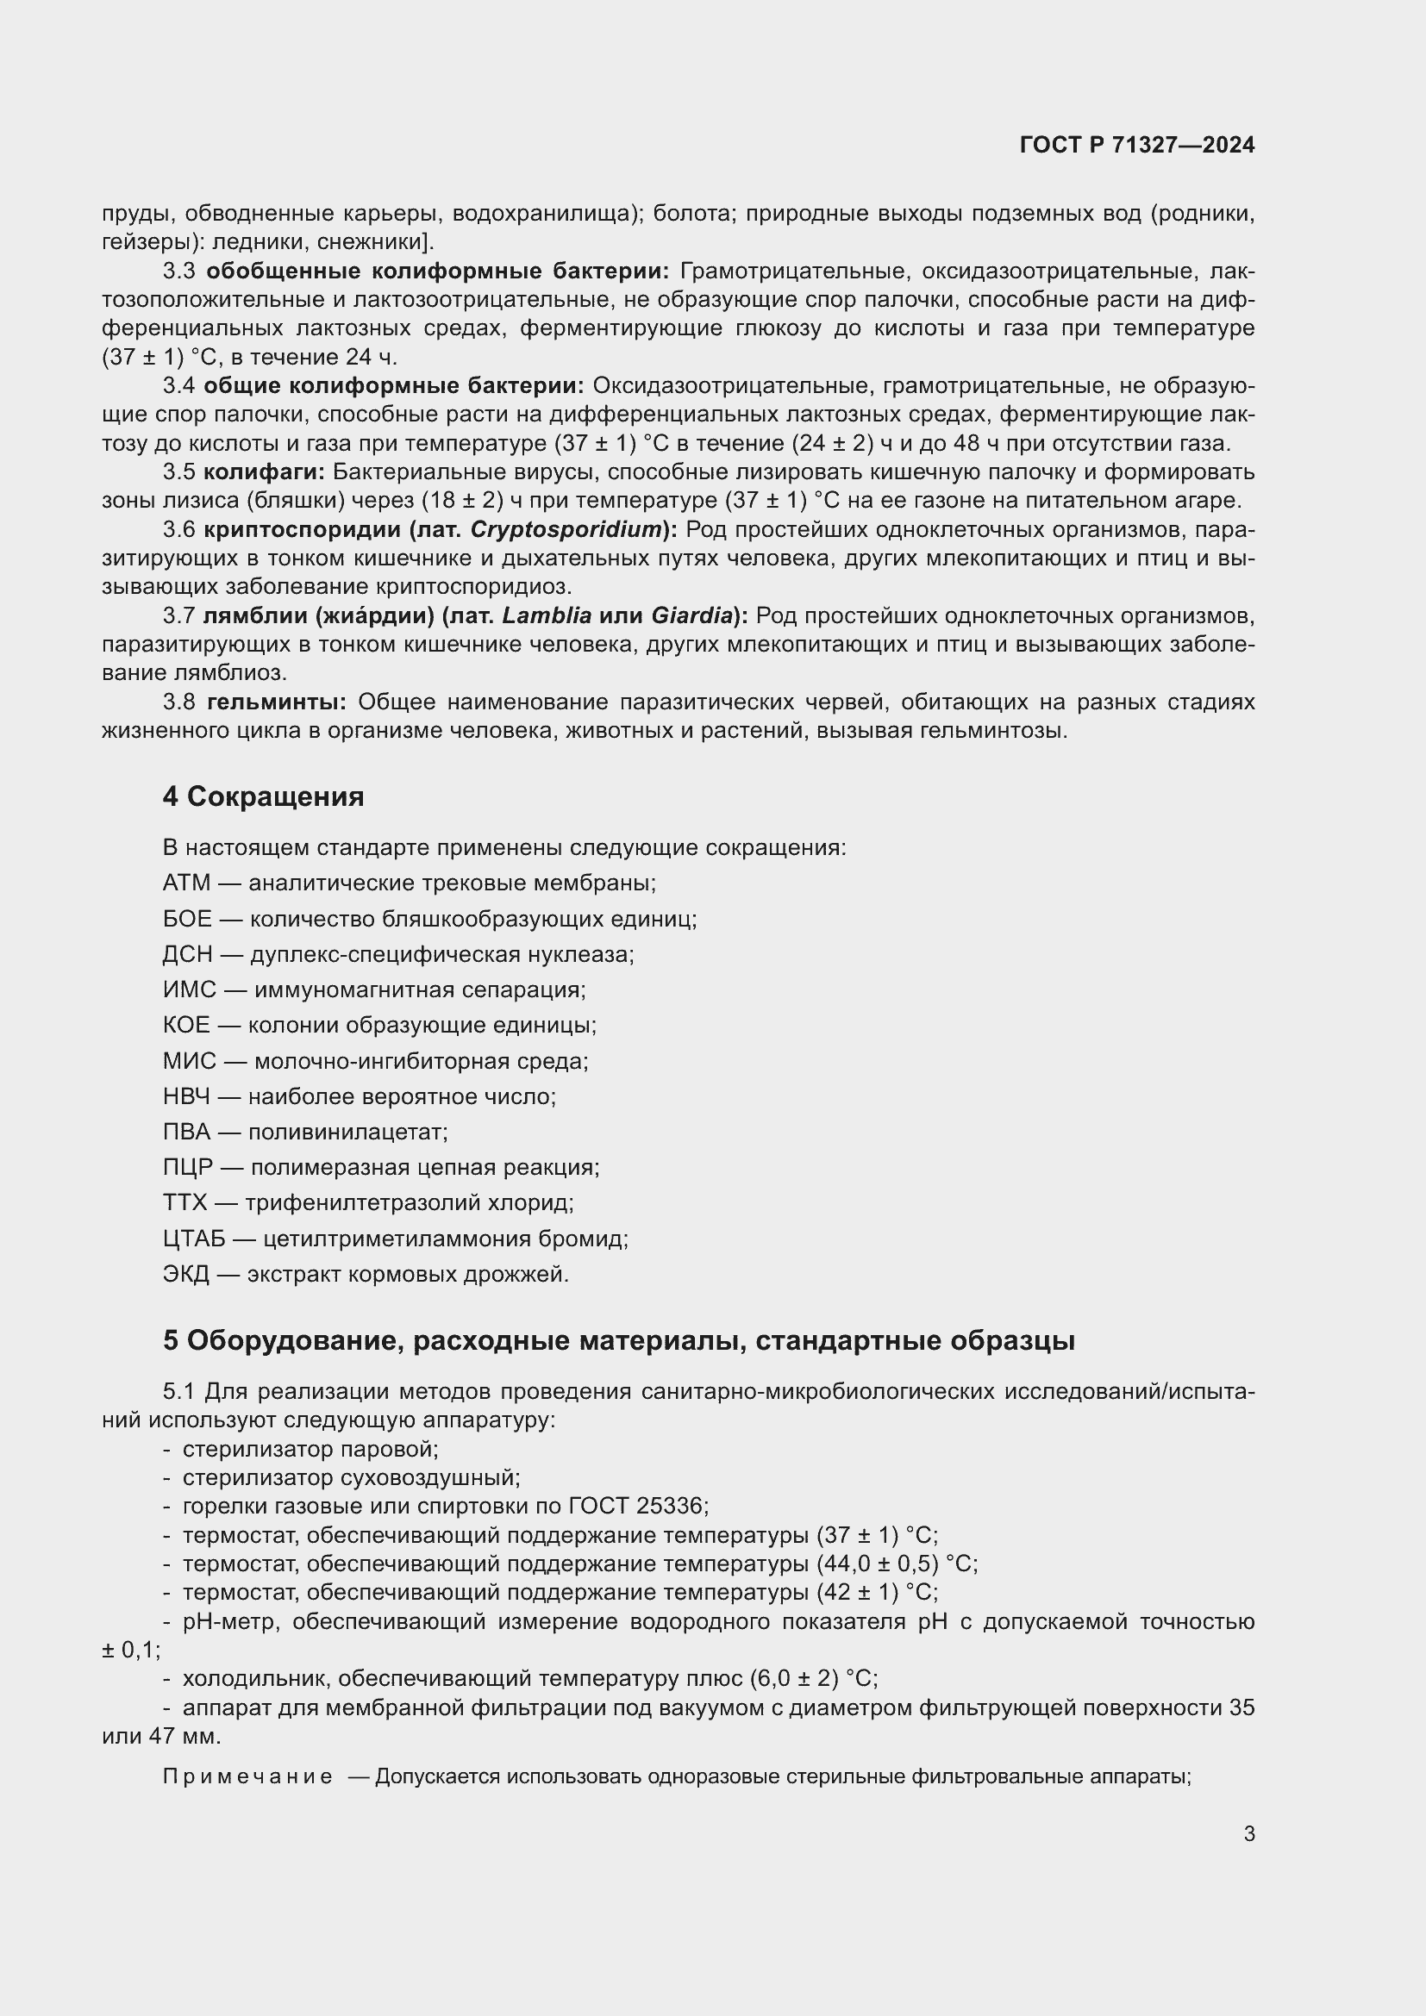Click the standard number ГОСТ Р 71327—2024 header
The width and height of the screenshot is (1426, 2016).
1136,145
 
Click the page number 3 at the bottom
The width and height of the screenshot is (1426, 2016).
1248,1833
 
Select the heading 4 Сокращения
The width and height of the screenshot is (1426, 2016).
263,796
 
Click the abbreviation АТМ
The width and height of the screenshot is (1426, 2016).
186,883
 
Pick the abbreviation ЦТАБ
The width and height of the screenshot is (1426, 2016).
194,1239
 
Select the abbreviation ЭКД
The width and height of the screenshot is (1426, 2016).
185,1274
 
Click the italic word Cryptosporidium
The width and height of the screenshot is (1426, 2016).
566,529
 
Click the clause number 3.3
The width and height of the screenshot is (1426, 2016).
179,272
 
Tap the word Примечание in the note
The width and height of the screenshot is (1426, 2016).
247,1776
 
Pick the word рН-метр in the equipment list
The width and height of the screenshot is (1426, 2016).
230,1621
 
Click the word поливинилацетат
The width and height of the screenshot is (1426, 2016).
347,1132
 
